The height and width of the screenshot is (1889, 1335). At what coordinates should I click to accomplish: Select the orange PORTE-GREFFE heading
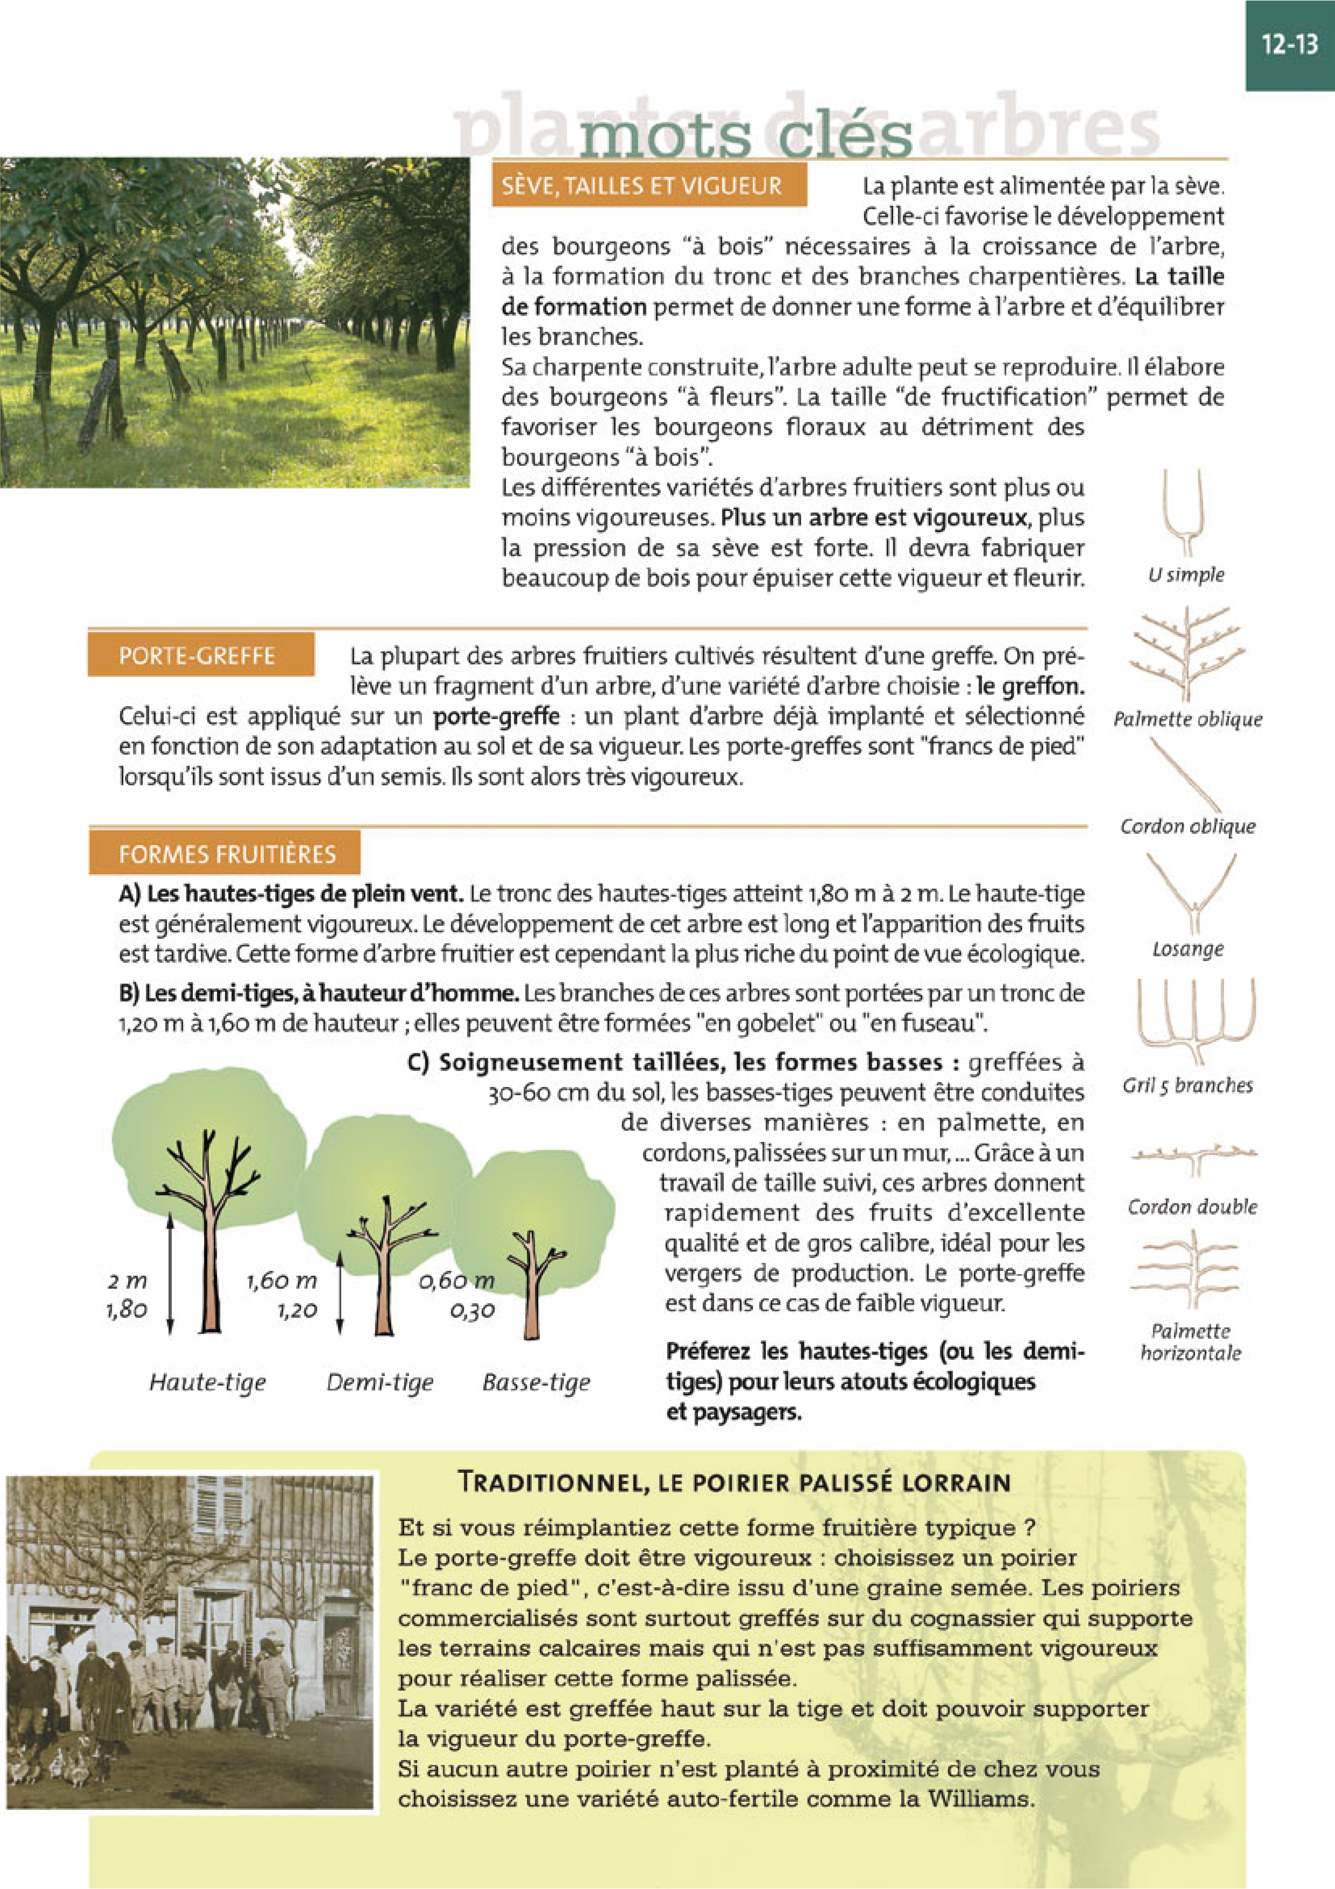[x=198, y=656]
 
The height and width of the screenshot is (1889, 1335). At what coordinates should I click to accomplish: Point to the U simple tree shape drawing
[x=1185, y=514]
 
